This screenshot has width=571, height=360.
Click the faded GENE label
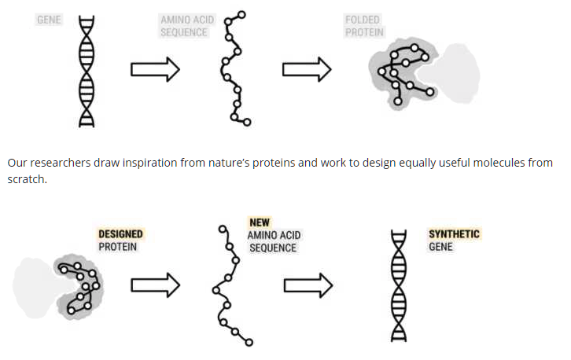[x=49, y=20]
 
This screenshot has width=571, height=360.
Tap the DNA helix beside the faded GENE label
[x=87, y=72]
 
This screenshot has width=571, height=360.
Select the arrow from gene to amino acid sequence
[x=155, y=69]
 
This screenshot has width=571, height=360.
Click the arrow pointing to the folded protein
[x=307, y=69]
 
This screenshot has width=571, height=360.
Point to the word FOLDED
[x=363, y=20]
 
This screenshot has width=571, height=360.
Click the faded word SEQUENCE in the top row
[x=184, y=32]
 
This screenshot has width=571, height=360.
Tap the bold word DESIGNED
[x=120, y=233]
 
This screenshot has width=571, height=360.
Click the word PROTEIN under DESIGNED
[x=118, y=247]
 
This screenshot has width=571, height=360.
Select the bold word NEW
[x=260, y=222]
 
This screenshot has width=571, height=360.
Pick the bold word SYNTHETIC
[x=454, y=233]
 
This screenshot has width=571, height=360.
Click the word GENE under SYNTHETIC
[x=440, y=247]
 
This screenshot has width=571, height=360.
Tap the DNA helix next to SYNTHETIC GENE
[x=399, y=286]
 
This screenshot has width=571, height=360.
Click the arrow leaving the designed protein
[x=156, y=285]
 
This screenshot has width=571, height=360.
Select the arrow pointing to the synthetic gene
[x=308, y=285]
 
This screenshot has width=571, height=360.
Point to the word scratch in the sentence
[x=26, y=179]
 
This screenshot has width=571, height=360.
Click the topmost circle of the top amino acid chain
[x=241, y=15]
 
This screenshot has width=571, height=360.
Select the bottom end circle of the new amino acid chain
[x=249, y=342]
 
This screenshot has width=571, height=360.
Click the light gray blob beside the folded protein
[x=456, y=73]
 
